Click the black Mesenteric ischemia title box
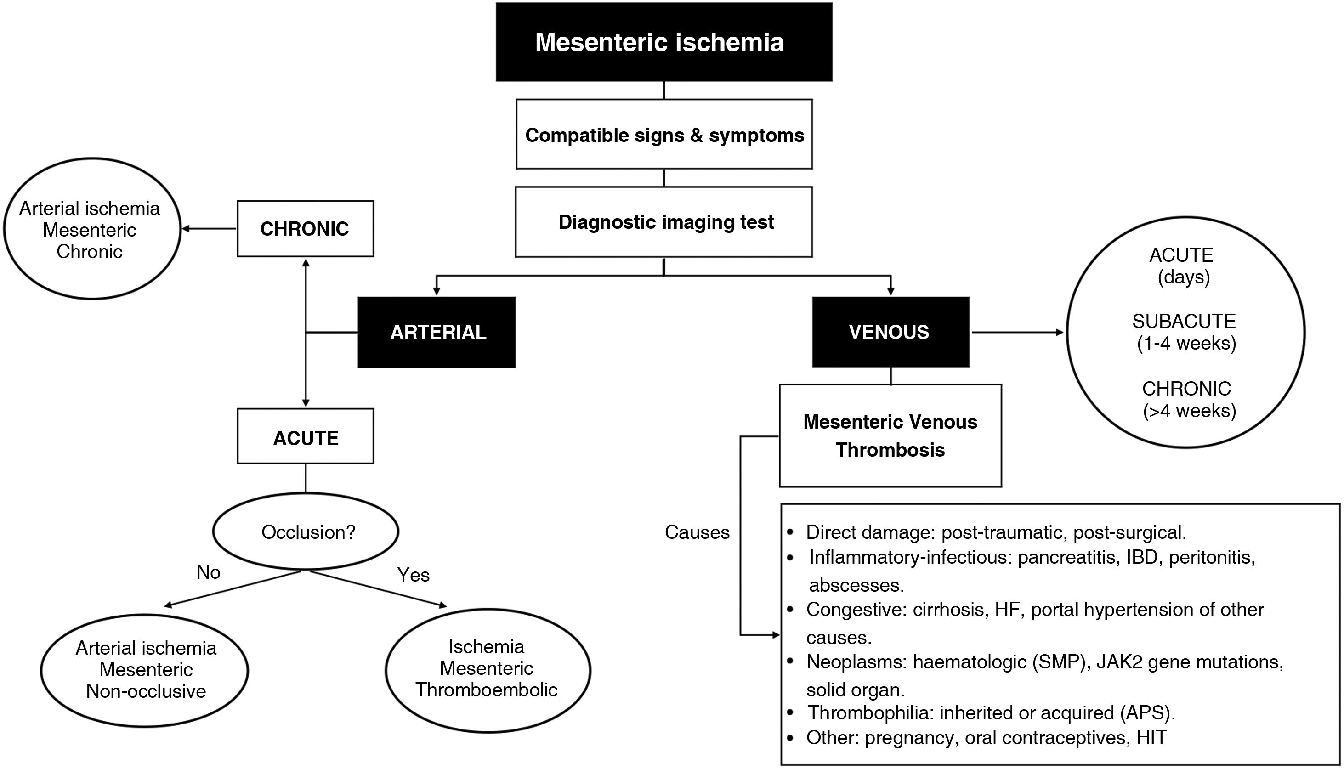point(663,42)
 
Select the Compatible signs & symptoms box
point(663,135)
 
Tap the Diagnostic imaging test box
point(663,222)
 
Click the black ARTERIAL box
point(437,332)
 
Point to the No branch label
point(208,572)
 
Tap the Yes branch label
point(413,575)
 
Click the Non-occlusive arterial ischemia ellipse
point(145,670)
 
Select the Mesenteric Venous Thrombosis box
point(890,436)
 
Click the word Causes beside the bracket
point(697,532)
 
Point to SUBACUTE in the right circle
point(1183,321)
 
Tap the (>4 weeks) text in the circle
point(1189,410)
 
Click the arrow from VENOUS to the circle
point(1017,332)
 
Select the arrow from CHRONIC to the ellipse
point(209,229)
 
